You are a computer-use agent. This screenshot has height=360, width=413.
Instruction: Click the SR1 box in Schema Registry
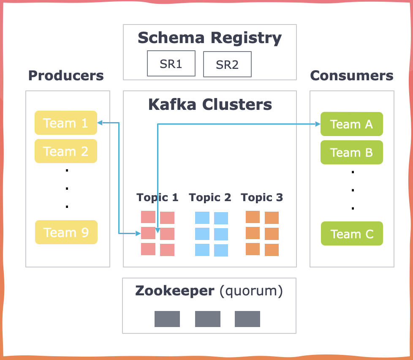click(x=171, y=64)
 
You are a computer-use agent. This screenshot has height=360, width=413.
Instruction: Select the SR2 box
click(x=227, y=65)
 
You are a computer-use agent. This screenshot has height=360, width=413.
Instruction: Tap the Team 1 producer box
click(x=66, y=123)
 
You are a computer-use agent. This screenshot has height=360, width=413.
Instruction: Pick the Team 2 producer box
click(x=66, y=151)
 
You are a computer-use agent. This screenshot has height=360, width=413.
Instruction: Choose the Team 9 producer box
click(x=66, y=232)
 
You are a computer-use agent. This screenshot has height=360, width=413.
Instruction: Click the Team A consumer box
click(x=351, y=124)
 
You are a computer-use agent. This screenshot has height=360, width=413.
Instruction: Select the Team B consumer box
click(x=351, y=152)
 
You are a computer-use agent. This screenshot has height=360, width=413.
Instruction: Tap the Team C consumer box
click(x=351, y=234)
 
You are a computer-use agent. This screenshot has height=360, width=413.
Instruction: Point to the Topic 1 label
click(x=158, y=197)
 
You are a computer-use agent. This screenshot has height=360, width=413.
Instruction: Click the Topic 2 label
click(x=210, y=197)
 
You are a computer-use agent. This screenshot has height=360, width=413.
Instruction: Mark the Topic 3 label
click(x=262, y=197)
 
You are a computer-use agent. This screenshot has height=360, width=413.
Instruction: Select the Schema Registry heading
click(x=209, y=38)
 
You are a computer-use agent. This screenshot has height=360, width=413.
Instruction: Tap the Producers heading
click(x=66, y=76)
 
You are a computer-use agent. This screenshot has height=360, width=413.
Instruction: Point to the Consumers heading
click(x=351, y=76)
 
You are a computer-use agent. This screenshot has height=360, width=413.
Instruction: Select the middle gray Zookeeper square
click(x=207, y=319)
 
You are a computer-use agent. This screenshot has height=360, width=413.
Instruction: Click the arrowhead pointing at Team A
click(x=318, y=124)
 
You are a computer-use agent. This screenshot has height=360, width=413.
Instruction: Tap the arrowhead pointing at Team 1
click(x=100, y=123)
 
